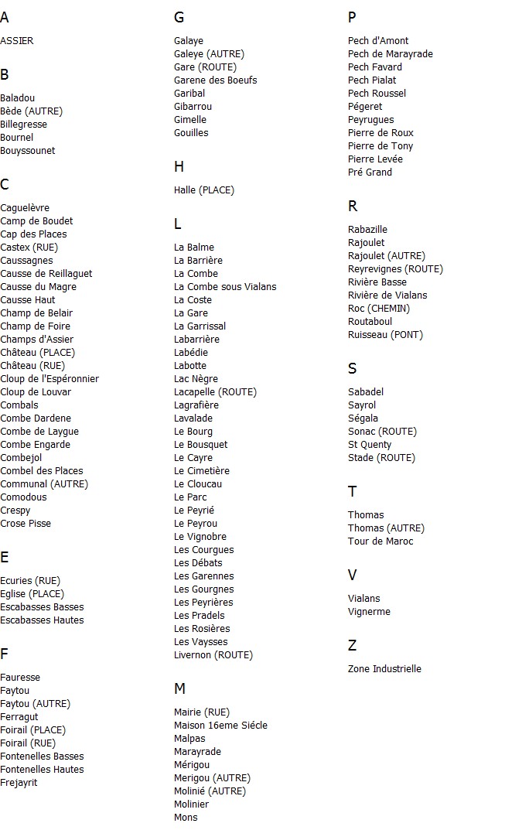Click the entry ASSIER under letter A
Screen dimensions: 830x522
point(17,41)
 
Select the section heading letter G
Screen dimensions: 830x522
point(179,18)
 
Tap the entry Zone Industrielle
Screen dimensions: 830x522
point(384,669)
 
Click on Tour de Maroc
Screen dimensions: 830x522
point(380,541)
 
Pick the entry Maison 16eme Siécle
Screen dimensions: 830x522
point(220,726)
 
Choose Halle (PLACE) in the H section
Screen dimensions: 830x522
point(204,190)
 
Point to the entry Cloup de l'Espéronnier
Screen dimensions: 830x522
point(49,379)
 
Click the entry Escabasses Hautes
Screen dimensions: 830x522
point(42,620)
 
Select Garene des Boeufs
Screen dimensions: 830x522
point(216,80)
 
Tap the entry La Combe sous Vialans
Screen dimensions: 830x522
point(225,287)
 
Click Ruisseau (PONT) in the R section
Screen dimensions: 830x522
point(385,335)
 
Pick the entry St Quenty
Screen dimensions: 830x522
point(370,445)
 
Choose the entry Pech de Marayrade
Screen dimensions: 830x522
point(391,54)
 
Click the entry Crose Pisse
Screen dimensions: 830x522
point(26,524)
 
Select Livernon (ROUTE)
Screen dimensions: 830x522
point(213,655)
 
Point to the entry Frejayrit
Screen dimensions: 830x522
point(19,783)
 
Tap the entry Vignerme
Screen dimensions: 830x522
point(369,612)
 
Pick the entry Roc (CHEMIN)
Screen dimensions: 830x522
point(379,309)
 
